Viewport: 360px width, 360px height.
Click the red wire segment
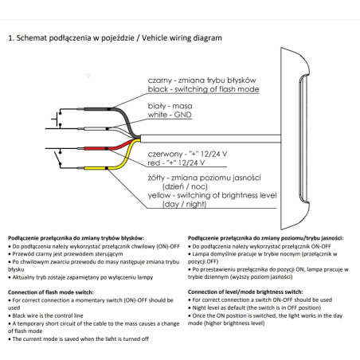tap(96, 148)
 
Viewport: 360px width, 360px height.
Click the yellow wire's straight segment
tap(96, 168)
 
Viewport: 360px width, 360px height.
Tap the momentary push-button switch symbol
tap(57, 119)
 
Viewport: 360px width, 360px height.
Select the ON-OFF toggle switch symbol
tap(58, 158)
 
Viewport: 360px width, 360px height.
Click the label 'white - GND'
tap(170, 115)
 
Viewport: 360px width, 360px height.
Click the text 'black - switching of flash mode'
tap(203, 89)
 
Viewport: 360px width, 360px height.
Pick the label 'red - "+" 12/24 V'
tap(176, 162)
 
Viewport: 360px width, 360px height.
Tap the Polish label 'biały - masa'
tap(170, 106)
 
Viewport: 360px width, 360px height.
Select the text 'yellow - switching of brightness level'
tap(212, 195)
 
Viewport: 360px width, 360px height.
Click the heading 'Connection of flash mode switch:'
tap(51, 292)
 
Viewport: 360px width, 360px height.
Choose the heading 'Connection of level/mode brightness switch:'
tap(245, 292)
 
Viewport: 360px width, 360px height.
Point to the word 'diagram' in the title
tap(207, 38)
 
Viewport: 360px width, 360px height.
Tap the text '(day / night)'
tap(184, 204)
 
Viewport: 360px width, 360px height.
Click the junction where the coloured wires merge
tap(137, 139)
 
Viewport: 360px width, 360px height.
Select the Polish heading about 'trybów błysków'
tap(76, 238)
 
